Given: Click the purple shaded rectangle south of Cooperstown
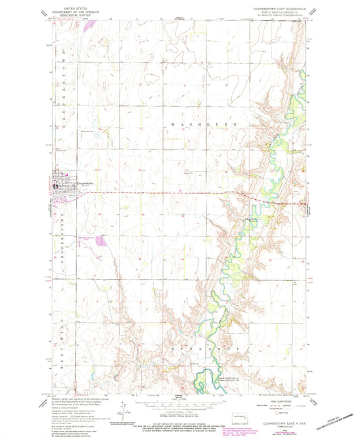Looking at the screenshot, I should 101,240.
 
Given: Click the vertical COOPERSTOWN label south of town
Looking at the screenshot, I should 60,233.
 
